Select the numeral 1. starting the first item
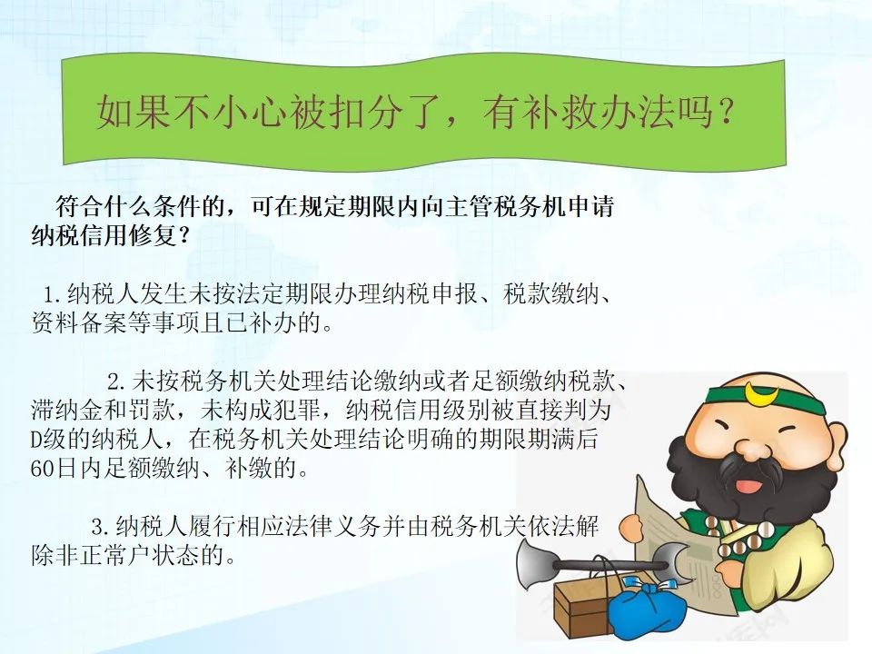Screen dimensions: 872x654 (x=54, y=294)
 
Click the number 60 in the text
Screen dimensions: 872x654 (x=43, y=469)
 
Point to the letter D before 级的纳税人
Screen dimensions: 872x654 (x=36, y=440)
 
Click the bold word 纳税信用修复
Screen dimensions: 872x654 (x=104, y=236)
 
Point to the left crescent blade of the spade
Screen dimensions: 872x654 (x=534, y=564)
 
